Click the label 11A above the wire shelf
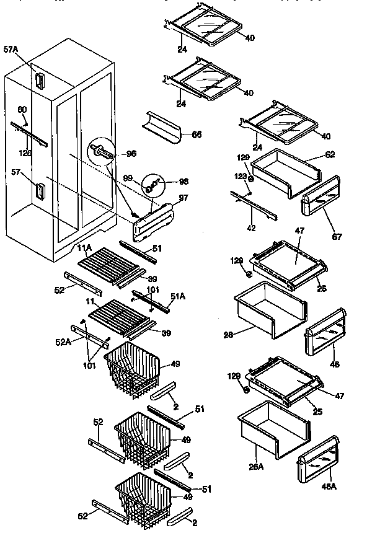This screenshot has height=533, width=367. pyautogui.click(x=84, y=249)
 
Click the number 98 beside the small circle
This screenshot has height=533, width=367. pyautogui.click(x=183, y=182)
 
